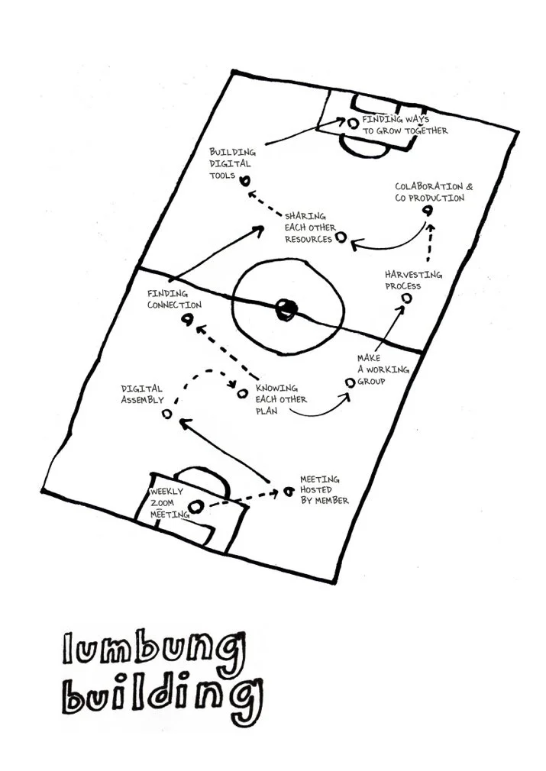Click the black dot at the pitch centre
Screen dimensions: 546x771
(286, 309)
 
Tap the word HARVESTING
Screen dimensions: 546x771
(413, 274)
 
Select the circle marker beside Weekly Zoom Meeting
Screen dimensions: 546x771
(195, 506)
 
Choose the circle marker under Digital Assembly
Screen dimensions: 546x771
(167, 415)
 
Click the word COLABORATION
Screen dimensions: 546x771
(429, 187)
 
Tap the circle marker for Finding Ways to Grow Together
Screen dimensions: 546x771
(353, 124)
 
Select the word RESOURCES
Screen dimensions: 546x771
(309, 240)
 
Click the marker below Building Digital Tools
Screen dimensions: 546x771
(244, 182)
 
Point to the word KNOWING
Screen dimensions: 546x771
(276, 388)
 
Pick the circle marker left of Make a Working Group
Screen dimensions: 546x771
(350, 382)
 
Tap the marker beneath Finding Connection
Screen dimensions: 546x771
(186, 320)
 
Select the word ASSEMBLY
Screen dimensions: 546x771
(142, 400)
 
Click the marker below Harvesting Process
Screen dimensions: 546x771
(406, 298)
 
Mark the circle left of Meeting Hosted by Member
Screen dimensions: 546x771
(289, 491)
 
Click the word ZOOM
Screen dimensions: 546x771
(163, 503)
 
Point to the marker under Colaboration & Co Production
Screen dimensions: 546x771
(428, 211)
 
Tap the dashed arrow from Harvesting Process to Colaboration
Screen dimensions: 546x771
(430, 243)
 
